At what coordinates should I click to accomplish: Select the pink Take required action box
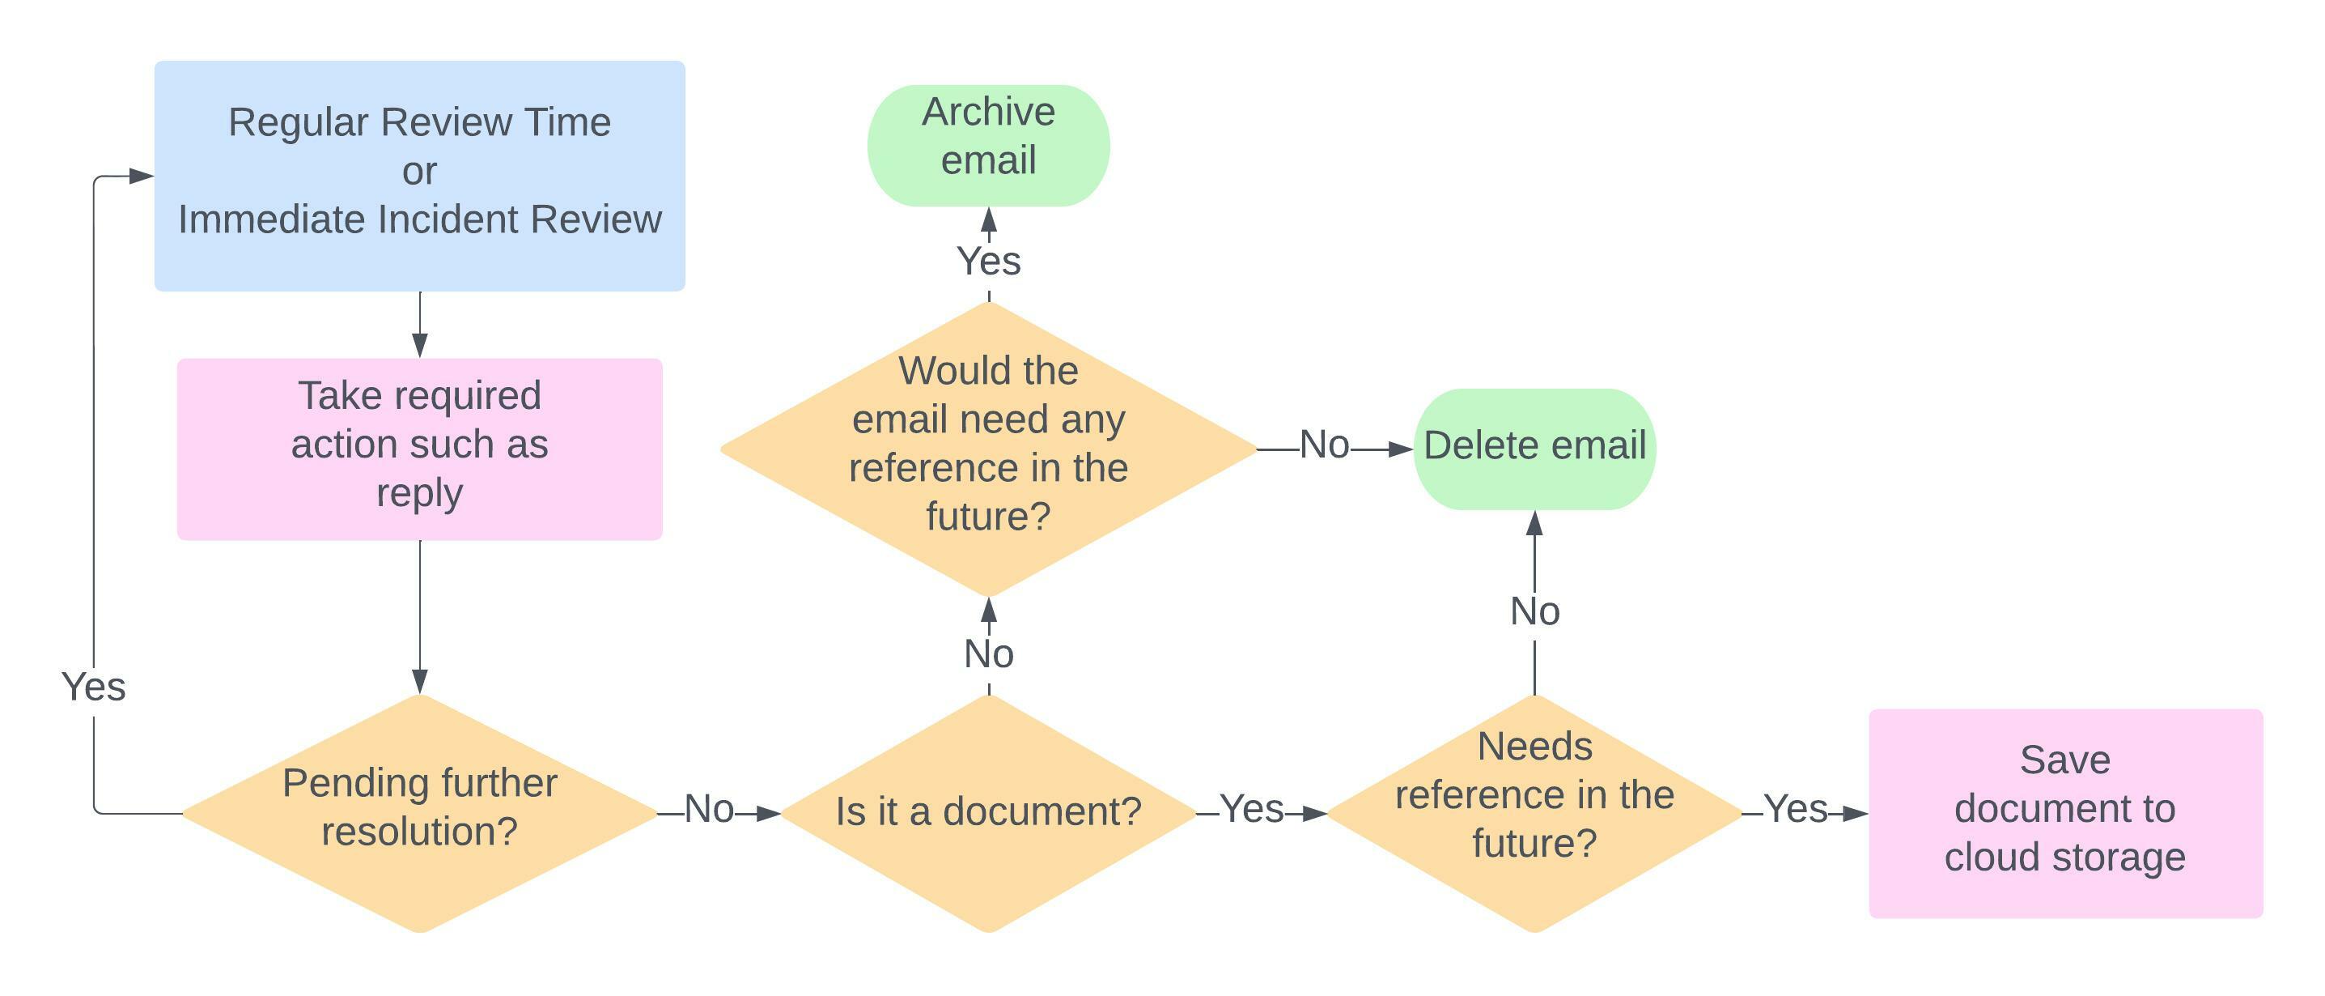[420, 449]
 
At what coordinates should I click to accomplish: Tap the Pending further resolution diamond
[420, 812]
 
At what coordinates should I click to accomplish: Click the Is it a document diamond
[988, 812]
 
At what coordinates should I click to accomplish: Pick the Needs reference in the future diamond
[1534, 812]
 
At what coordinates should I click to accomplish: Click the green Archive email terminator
[988, 146]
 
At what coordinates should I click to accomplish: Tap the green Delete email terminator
[1534, 449]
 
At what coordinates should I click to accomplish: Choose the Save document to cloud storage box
[2065, 813]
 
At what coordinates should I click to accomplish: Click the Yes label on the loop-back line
[94, 687]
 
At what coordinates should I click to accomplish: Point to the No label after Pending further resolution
[709, 809]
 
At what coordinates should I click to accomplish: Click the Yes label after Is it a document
[1252, 809]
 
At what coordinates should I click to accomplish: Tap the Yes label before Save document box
[1796, 809]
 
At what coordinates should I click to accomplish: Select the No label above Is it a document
[988, 653]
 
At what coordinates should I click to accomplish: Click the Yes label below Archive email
[988, 262]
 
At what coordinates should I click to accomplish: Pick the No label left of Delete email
[1324, 445]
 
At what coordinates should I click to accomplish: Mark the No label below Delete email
[1534, 611]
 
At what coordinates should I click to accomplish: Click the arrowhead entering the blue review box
[142, 176]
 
